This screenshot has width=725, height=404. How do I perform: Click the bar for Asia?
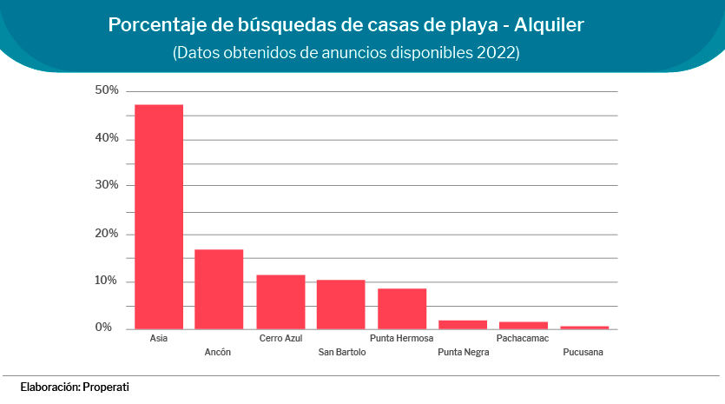[x=159, y=217]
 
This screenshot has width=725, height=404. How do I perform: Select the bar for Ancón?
[x=219, y=289]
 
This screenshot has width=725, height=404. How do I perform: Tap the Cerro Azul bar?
[x=280, y=301]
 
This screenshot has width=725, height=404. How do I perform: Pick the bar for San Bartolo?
[x=340, y=304]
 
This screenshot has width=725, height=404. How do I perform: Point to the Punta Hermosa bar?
[x=402, y=308]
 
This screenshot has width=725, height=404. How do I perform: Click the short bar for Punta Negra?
[x=463, y=325]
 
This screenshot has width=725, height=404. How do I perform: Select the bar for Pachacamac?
[x=523, y=326]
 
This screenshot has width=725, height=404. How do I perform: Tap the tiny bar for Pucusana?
[x=584, y=328]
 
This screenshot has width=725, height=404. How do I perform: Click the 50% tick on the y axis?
[x=107, y=90]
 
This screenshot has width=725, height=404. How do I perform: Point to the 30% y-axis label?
[x=107, y=185]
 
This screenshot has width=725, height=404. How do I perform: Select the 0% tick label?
[x=104, y=328]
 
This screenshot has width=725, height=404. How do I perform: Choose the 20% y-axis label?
[x=107, y=234]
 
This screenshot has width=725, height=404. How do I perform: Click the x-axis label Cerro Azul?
[x=280, y=338]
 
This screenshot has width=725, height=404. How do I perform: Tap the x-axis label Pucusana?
[x=583, y=352]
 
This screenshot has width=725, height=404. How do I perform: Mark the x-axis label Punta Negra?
[x=463, y=352]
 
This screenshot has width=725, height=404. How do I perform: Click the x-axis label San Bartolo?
[x=342, y=352]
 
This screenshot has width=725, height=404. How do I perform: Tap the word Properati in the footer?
[x=106, y=386]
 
